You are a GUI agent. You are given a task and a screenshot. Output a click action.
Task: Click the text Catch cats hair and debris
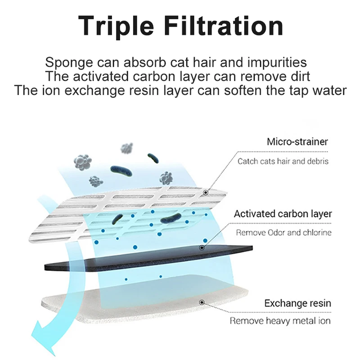click(x=283, y=161)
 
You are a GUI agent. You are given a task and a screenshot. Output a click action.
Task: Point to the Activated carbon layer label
click(x=283, y=214)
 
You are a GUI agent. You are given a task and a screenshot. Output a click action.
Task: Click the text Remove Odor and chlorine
click(x=283, y=233)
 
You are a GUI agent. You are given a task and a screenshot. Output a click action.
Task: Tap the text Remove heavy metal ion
click(x=280, y=321)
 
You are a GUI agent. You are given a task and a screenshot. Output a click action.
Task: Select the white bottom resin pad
click(x=135, y=306)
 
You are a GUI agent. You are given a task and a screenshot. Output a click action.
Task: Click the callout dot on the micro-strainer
click(x=205, y=193)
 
